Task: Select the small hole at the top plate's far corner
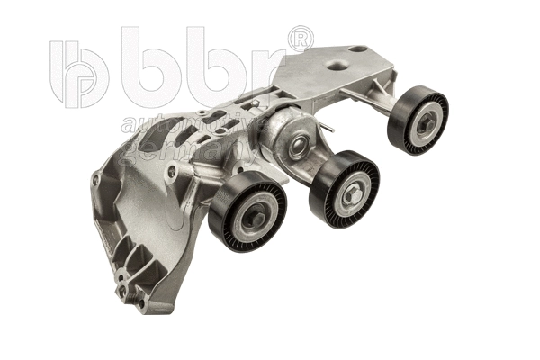tap(358, 49)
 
